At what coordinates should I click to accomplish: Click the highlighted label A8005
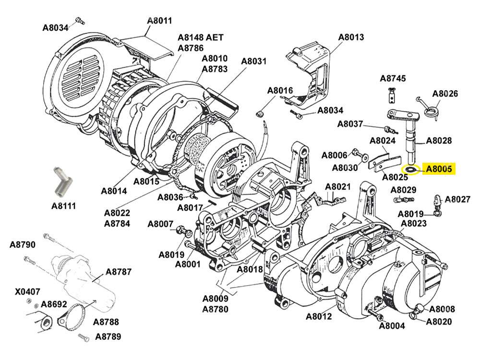(439, 168)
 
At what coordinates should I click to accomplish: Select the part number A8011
(159, 21)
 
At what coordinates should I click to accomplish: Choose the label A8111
(64, 206)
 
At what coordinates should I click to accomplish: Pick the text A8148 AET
(201, 37)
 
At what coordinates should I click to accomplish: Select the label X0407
(27, 291)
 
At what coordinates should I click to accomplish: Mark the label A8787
(119, 272)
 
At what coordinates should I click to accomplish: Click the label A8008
(442, 309)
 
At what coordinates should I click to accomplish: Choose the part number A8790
(23, 245)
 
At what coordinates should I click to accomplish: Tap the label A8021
(338, 186)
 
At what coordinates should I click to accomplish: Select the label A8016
(280, 91)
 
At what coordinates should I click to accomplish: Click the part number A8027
(457, 199)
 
